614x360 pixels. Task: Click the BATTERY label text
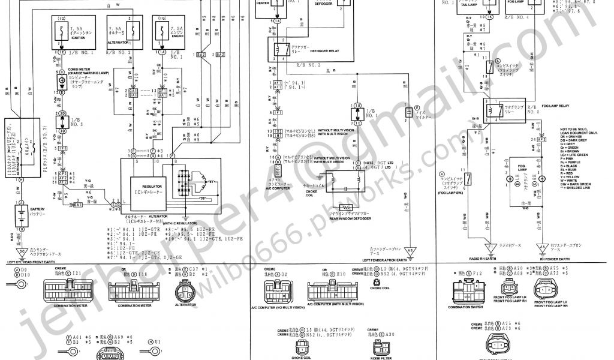click(x=38, y=209)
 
